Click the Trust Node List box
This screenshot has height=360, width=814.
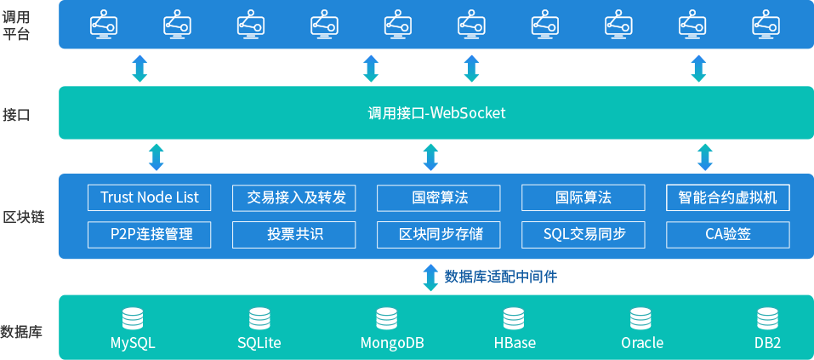tap(150, 197)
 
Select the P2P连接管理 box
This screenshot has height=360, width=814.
tap(150, 234)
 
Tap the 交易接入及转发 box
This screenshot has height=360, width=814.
tap(294, 197)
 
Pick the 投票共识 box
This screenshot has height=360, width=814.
tap(294, 234)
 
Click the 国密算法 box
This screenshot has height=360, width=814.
tap(439, 197)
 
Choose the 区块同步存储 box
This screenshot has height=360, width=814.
tap(439, 234)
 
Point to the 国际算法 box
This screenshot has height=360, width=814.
tap(583, 197)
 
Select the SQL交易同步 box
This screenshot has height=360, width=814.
tap(583, 234)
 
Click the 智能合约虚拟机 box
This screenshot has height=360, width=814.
tap(728, 197)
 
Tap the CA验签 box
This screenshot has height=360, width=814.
tap(728, 234)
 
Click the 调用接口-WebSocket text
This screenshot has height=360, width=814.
tap(436, 113)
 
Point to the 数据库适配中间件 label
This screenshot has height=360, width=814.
tap(501, 277)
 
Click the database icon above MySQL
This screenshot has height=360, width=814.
tap(133, 319)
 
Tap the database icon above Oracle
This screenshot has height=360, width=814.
tap(640, 319)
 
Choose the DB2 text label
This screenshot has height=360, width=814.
tap(768, 343)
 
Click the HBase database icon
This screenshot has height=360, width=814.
tap(514, 319)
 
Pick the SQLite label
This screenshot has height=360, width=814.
tap(259, 343)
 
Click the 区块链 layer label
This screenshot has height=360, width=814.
tap(23, 217)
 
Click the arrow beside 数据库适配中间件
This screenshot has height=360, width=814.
tap(430, 277)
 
